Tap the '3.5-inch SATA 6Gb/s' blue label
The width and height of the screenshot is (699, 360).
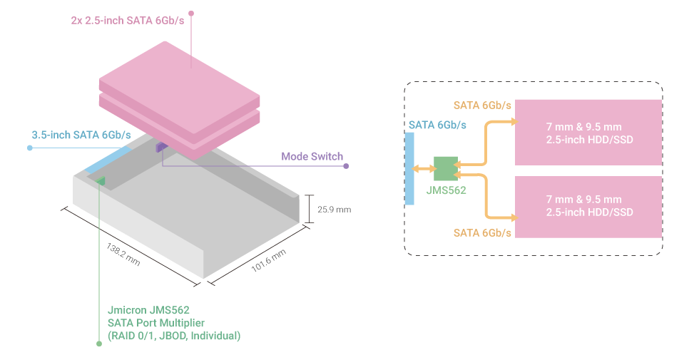(x=81, y=135)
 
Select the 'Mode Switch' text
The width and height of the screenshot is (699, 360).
(x=312, y=156)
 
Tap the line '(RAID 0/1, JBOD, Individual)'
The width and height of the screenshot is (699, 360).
(x=173, y=335)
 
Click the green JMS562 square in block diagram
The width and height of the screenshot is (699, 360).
(x=446, y=169)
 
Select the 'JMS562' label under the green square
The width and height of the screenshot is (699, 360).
(x=446, y=191)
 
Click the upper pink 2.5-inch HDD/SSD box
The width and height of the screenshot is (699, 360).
(x=588, y=133)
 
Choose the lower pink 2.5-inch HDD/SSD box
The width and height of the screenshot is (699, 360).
(x=588, y=207)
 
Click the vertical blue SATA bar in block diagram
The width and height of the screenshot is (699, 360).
(x=409, y=169)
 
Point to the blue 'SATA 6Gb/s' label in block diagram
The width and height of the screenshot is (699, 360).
(x=437, y=125)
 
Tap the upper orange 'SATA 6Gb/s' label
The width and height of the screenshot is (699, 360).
(x=482, y=106)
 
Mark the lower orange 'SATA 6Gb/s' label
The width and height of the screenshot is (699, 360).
(x=482, y=233)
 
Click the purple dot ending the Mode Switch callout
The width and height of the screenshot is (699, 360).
(x=346, y=166)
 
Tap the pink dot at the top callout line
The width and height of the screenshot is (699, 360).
(x=192, y=13)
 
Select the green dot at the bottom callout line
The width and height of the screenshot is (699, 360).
(x=99, y=344)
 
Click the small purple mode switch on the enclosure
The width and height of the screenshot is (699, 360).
(x=161, y=147)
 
